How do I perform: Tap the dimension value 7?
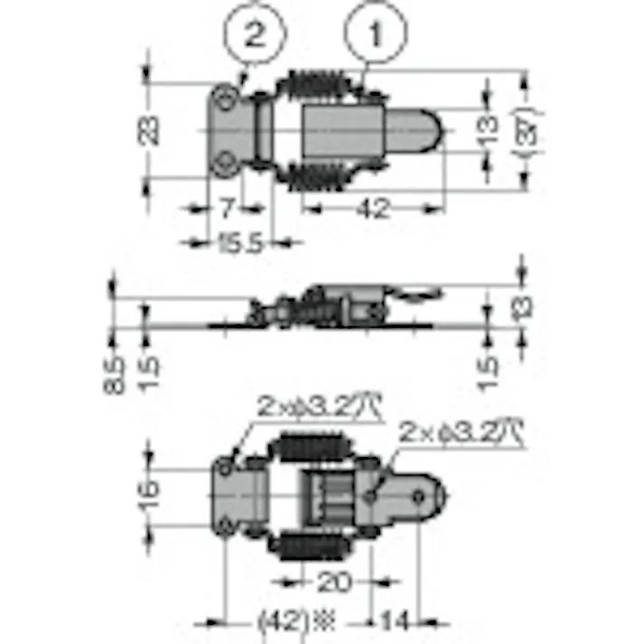pyautogui.click(x=227, y=208)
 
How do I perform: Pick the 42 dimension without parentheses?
pyautogui.click(x=371, y=208)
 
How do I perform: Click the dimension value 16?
pyautogui.click(x=151, y=493)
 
